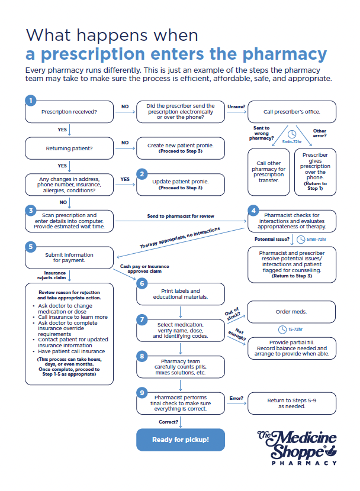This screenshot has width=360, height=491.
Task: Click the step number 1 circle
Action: tap(31, 101)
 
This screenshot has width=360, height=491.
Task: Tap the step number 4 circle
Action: tap(253, 210)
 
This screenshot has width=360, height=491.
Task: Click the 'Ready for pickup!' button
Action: tap(181, 440)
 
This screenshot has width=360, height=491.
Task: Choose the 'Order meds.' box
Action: tap(291, 312)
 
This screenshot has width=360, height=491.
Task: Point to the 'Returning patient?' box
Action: tap(70, 148)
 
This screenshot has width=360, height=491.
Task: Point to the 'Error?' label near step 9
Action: tap(236, 398)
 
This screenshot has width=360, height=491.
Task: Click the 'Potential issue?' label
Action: tap(271, 239)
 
